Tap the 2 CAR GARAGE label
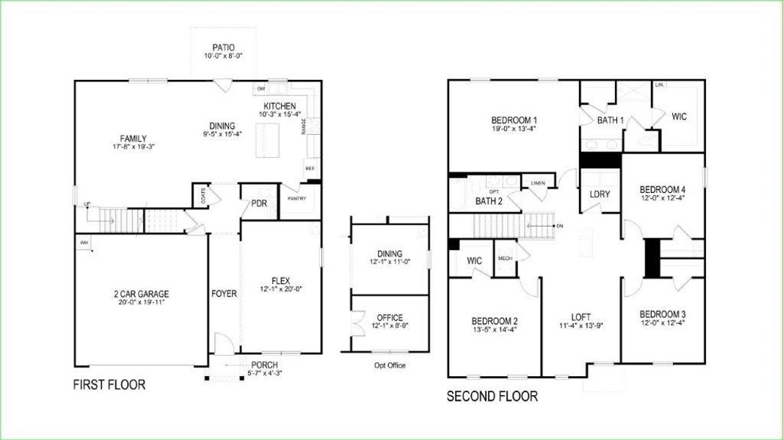pyautogui.click(x=121, y=294)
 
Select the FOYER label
pyautogui.click(x=224, y=294)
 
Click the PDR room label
pyautogui.click(x=258, y=203)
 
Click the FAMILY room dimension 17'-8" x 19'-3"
pyautogui.click(x=134, y=147)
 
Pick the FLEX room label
pyautogui.click(x=281, y=279)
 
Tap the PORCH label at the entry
pyautogui.click(x=264, y=365)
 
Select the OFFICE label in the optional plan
pyautogui.click(x=390, y=318)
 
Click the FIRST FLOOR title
pyautogui.click(x=109, y=385)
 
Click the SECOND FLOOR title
pyautogui.click(x=492, y=397)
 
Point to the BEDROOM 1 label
pyautogui.click(x=514, y=120)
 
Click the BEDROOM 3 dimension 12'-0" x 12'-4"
pyautogui.click(x=662, y=323)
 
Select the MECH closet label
pyautogui.click(x=505, y=258)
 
